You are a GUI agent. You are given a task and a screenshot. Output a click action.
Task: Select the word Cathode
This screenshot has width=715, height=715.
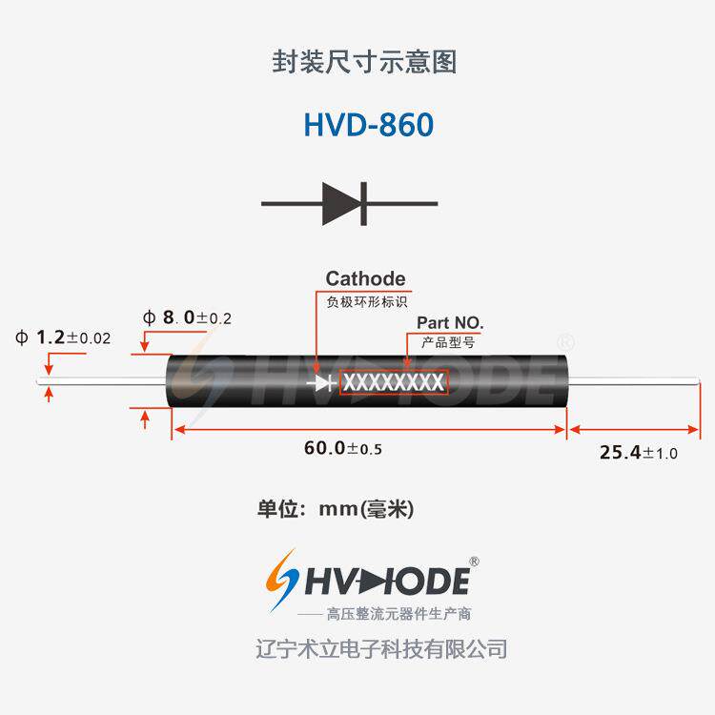[365, 278]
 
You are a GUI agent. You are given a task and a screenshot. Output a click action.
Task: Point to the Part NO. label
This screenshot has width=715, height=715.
[450, 322]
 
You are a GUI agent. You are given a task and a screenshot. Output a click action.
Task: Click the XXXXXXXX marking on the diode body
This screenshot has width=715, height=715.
[393, 382]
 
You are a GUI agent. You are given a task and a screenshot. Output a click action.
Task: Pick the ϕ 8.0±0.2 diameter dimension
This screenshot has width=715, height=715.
[187, 317]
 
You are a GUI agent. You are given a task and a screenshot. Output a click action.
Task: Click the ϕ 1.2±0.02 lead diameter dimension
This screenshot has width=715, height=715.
[63, 337]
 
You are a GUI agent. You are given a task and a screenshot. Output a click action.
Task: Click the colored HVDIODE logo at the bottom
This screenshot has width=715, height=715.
[367, 580]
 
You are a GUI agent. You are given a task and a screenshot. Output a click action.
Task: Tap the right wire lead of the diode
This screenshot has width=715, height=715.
[634, 384]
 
